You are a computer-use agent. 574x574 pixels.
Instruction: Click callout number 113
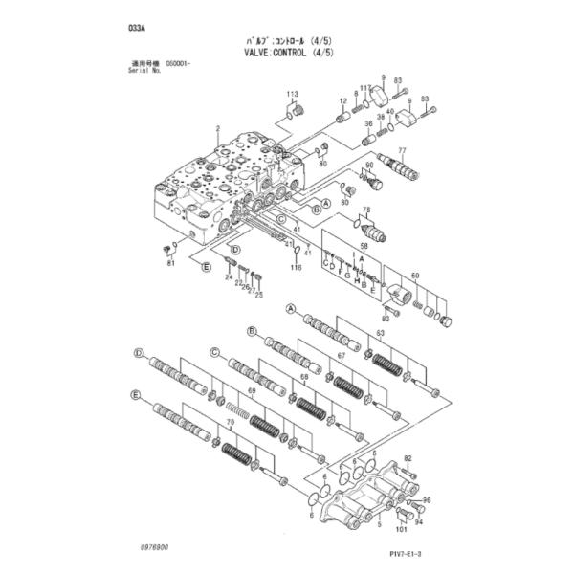coord(292,93)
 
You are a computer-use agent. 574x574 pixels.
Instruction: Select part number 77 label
coord(403,151)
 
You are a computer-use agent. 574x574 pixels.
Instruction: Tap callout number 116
coord(296,268)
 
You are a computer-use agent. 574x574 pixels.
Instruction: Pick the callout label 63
coord(380,333)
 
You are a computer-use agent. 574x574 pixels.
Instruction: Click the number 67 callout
coord(340,356)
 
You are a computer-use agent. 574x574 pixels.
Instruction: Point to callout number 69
coord(253,393)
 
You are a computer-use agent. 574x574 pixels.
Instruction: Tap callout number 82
coord(407,459)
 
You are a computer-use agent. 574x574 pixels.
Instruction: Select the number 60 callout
coord(415,276)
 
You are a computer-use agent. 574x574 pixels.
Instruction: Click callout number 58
coord(364,248)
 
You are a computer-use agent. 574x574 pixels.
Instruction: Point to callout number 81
coord(170,263)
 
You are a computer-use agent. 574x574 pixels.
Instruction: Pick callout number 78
coord(365,210)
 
